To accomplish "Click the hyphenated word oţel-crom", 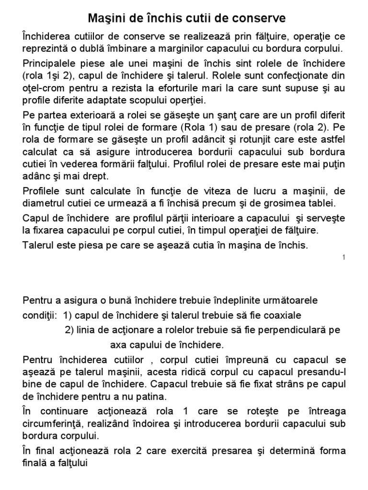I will (x=44, y=89).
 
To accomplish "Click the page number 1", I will (x=344, y=258).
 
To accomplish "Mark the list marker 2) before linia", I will (x=70, y=331).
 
